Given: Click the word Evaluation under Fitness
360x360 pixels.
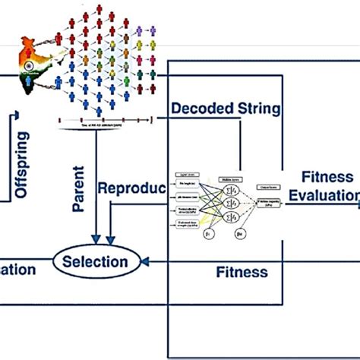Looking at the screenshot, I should (327, 196).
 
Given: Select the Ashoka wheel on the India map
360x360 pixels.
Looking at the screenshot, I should (27, 65).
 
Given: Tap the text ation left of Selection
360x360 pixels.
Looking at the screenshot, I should (17, 269).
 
